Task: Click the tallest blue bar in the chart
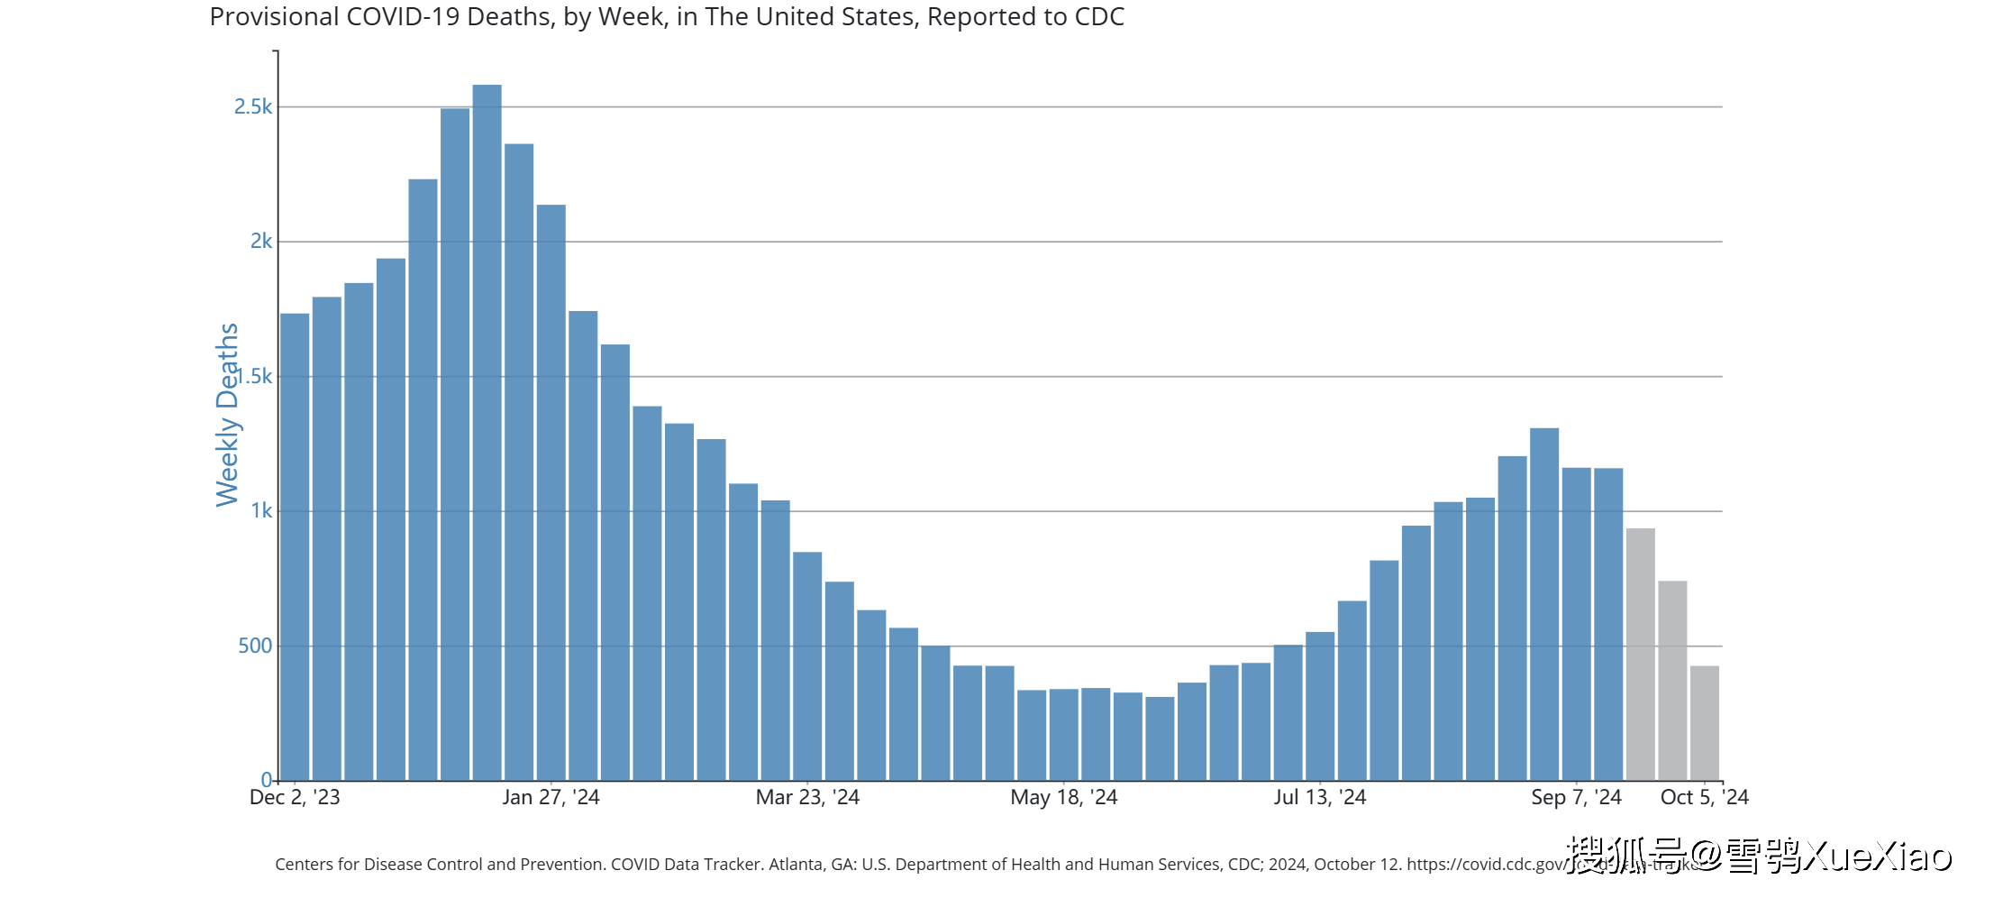tap(487, 433)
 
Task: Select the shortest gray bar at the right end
tap(1704, 723)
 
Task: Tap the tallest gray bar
tap(1640, 654)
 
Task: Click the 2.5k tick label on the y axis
tap(253, 106)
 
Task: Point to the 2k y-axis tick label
tap(260, 241)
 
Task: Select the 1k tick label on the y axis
tap(260, 510)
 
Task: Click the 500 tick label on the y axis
tap(254, 646)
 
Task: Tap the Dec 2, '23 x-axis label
tap(295, 797)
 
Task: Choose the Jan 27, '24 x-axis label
tap(551, 797)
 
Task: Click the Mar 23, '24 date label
tap(807, 797)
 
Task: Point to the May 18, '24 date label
tap(1063, 797)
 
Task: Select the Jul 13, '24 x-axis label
tap(1319, 797)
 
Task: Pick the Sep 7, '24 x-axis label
tap(1576, 797)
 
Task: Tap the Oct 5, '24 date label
tap(1704, 797)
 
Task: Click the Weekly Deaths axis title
tap(227, 415)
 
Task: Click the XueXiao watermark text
tap(1878, 856)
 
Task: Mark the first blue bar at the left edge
tap(295, 546)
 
